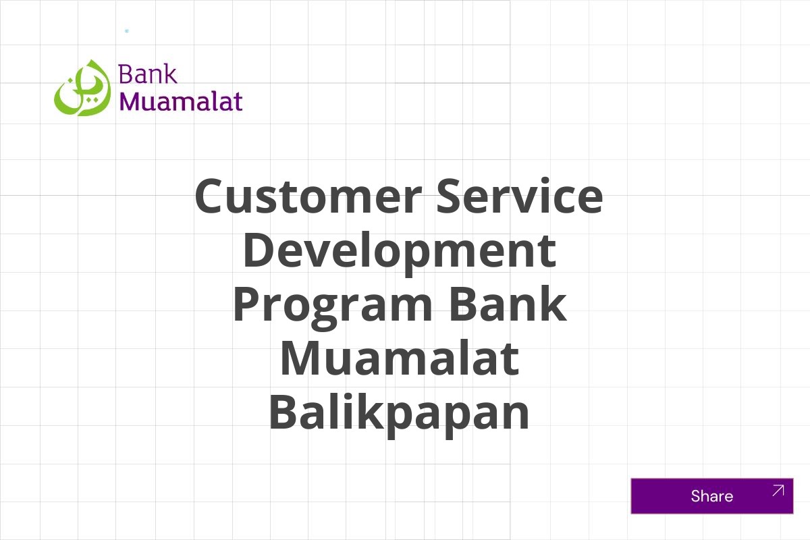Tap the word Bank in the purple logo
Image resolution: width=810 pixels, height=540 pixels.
[x=148, y=74]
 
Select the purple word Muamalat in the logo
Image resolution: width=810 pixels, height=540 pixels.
[x=181, y=101]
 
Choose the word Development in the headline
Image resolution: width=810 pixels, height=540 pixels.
[x=399, y=250]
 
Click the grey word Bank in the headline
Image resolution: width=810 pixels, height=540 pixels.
[x=507, y=304]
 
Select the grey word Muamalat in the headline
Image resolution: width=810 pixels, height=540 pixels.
[x=399, y=358]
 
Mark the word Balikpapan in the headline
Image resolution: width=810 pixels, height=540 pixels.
[x=399, y=413]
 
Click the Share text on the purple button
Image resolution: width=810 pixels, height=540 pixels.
[x=711, y=496]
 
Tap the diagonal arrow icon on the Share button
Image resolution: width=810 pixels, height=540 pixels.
[x=778, y=491]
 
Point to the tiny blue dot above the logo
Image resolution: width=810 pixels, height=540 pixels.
[x=126, y=31]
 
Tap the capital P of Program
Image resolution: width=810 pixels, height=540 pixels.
[x=248, y=304]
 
